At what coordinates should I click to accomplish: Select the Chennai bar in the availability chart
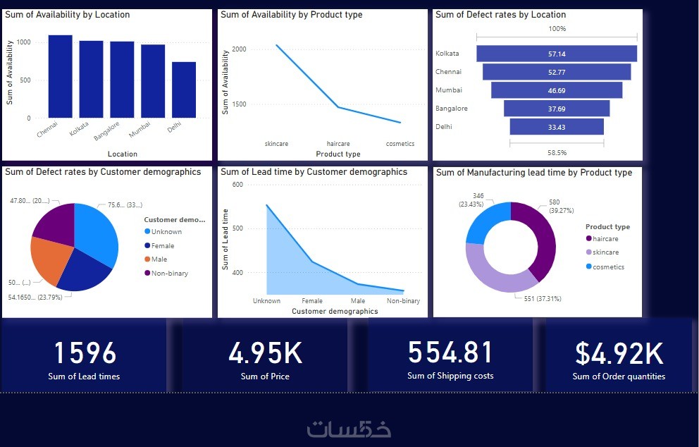60,76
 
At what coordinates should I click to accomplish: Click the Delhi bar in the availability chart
184,90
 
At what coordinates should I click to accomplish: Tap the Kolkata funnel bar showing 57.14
557,54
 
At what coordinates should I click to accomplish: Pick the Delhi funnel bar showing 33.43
557,127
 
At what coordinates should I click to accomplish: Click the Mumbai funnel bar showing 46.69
557,90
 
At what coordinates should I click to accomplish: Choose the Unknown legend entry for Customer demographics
166,232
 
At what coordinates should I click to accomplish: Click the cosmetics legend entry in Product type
608,267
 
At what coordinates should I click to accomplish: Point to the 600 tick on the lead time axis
237,185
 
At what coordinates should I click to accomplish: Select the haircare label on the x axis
338,144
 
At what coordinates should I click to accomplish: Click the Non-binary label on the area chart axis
403,301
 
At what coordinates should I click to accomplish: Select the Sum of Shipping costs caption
450,376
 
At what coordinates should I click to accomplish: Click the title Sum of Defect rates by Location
500,15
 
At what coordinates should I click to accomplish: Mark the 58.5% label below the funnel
557,152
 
